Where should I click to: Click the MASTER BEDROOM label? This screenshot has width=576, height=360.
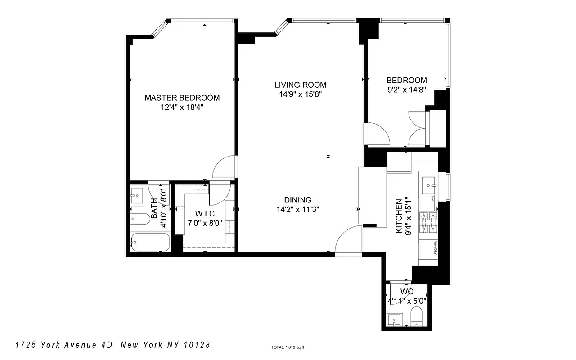(x=182, y=98)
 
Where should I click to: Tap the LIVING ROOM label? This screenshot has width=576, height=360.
(x=300, y=85)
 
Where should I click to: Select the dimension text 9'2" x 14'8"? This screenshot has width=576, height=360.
(x=406, y=90)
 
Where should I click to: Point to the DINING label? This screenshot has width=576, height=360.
(x=297, y=200)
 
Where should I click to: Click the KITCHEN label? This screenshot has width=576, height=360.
(x=399, y=216)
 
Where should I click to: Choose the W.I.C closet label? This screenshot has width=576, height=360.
(x=205, y=213)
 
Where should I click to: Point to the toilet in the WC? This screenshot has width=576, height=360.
(x=417, y=316)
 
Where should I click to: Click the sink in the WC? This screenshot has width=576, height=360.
(x=395, y=320)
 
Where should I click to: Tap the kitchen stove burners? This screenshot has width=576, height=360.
(x=428, y=222)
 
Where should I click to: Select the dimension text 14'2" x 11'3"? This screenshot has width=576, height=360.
(x=297, y=209)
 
